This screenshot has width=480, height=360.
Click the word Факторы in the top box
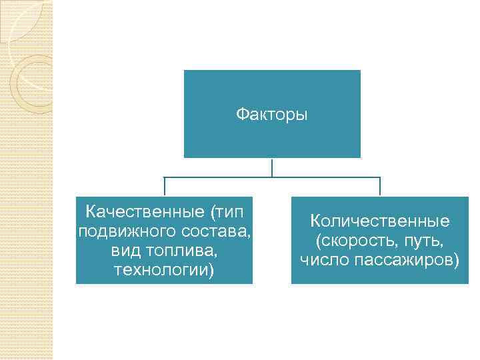pyautogui.click(x=272, y=115)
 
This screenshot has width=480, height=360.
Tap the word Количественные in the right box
pyautogui.click(x=380, y=221)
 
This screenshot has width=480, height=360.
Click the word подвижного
pyautogui.click(x=123, y=232)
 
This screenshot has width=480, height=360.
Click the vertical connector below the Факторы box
pyautogui.click(x=272, y=167)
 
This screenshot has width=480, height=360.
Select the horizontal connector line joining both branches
pyautogui.click(x=272, y=177)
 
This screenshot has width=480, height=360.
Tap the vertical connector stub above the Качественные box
pyautogui.click(x=165, y=187)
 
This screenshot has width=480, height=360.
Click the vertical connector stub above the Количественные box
pyautogui.click(x=380, y=187)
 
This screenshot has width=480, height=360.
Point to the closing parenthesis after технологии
pyautogui.click(x=212, y=271)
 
